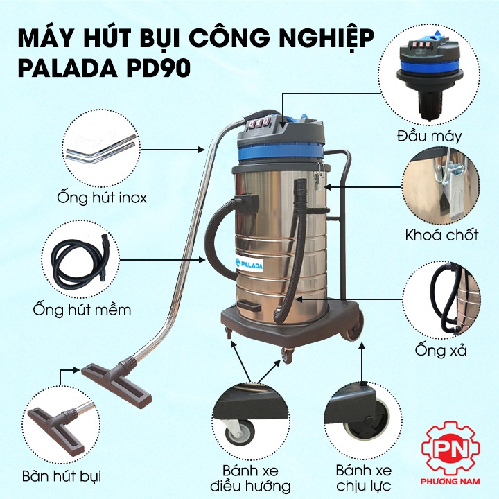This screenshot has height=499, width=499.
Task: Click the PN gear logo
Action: tap(450, 448)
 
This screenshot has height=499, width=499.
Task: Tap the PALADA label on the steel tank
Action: tap(249, 265)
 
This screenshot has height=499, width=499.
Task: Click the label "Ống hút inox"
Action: tap(102, 198)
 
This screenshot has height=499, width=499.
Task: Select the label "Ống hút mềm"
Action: tap(82, 310)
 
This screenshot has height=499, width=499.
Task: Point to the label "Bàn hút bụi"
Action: tap(62, 476)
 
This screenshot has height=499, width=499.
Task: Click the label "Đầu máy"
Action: tap(429, 137)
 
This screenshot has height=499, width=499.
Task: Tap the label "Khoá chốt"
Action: tap(441, 235)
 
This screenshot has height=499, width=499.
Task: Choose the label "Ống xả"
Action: tap(441, 350)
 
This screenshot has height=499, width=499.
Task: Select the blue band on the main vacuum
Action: tap(281, 152)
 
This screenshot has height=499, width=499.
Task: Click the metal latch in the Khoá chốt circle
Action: tap(450, 190)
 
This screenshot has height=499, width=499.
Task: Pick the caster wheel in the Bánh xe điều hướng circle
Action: tap(240, 432)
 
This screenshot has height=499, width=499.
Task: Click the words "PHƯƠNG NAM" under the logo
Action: tap(450, 481)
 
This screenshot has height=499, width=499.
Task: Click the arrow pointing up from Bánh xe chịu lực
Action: tap(362, 362)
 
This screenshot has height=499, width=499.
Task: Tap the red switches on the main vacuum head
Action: tap(260, 123)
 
